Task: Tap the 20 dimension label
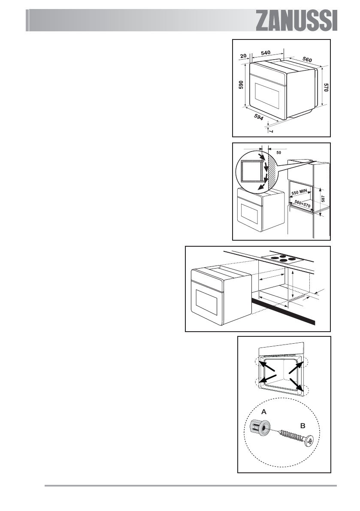pyautogui.click(x=244, y=55)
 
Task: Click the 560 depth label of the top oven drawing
pyautogui.click(x=307, y=59)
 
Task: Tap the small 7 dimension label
pyautogui.click(x=271, y=130)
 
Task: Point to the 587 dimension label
pyautogui.click(x=323, y=200)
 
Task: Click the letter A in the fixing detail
pyautogui.click(x=264, y=411)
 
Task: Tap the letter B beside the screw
pyautogui.click(x=303, y=426)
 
